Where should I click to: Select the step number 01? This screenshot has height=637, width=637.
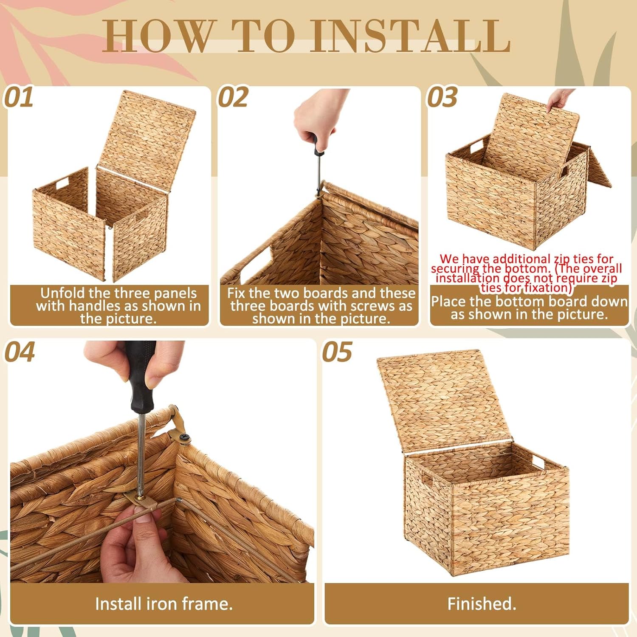19,98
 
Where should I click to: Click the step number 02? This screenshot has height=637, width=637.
233,98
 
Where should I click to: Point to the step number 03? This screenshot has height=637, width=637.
442,98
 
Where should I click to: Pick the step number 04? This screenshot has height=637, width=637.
20,352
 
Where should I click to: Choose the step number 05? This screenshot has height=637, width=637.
337,352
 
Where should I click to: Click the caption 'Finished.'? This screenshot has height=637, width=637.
482,603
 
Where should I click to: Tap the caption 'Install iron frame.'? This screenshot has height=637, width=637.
163,603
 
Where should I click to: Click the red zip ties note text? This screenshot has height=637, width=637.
526,273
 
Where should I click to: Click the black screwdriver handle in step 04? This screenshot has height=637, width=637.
140,378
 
